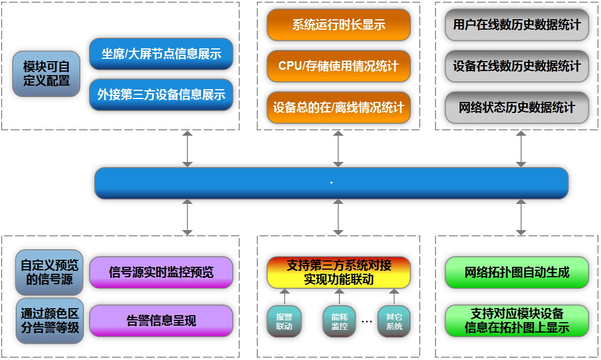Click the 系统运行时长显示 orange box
pos(338,25)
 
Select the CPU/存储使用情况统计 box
pos(338,66)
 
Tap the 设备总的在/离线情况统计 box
pos(338,107)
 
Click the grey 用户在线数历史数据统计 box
pos(517,25)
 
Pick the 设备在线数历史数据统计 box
pos(517,66)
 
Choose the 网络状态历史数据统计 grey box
pos(517,107)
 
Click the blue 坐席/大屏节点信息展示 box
pos(161,54)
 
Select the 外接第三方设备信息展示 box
pos(161,94)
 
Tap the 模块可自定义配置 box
pos(47,73)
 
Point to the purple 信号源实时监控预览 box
pos(161,272)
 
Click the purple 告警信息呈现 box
pos(161,320)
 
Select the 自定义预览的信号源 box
pos(50,272)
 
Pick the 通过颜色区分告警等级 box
pos(50,320)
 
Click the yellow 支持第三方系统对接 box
pos(338,272)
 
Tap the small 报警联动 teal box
pos(284,321)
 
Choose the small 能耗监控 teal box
pos(339,321)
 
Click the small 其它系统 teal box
pos(394,321)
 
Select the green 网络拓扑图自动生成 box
pos(517,272)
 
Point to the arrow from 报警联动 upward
pos(284,297)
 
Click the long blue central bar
pos(331,183)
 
